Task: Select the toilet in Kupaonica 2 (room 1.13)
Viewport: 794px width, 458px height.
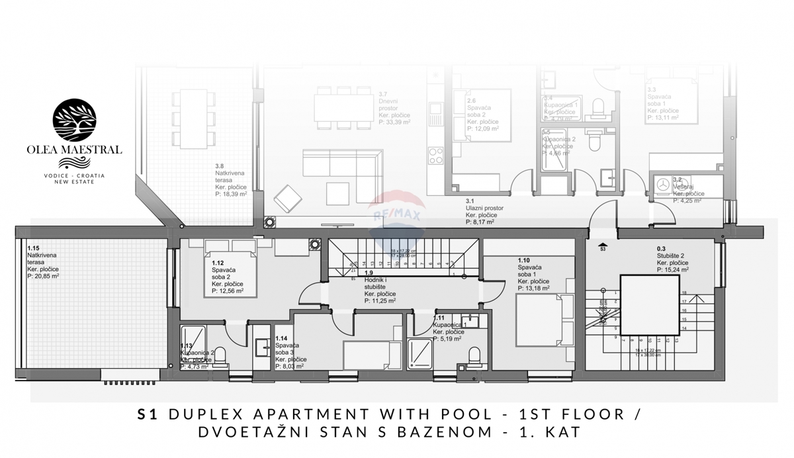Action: click(223, 357)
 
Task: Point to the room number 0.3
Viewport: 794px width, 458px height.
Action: click(661, 250)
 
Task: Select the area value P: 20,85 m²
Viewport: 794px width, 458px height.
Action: click(43, 276)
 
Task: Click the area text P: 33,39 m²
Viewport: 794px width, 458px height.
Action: click(394, 122)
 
